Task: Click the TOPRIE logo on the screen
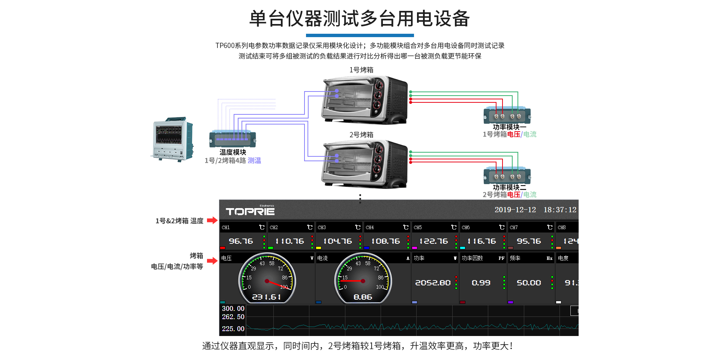[x=250, y=211]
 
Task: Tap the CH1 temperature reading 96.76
[x=241, y=241]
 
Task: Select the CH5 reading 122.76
[x=433, y=241]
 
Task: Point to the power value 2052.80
[x=433, y=283]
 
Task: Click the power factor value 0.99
[x=481, y=283]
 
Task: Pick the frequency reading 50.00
[x=529, y=283]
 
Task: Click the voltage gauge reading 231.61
[x=266, y=297]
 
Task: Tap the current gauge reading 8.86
[x=363, y=297]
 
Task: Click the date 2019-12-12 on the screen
[x=515, y=210]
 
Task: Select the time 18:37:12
[x=560, y=210]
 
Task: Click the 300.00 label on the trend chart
[x=233, y=309]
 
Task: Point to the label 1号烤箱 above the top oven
[x=361, y=70]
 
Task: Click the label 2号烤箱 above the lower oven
[x=361, y=135]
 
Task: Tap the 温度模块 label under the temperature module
[x=232, y=152]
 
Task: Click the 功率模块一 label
[x=509, y=127]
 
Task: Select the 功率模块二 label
[x=509, y=187]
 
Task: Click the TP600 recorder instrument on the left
[x=172, y=139]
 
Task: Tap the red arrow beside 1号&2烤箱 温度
[x=212, y=220]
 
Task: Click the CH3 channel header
[x=322, y=227]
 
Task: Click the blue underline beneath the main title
[x=360, y=36]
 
